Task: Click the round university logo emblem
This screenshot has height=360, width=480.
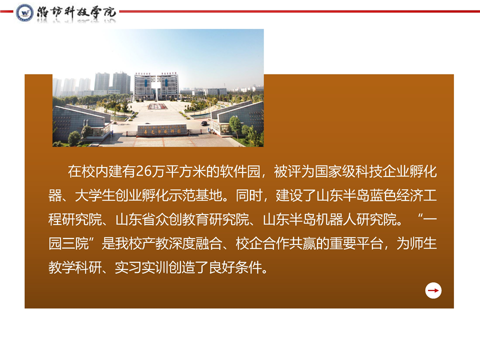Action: (x=24, y=12)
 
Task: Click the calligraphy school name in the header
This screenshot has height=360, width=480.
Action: (x=76, y=12)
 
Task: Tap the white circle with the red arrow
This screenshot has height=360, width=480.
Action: (x=433, y=290)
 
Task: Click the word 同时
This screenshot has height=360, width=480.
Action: (x=249, y=195)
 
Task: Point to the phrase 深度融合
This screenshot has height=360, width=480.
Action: (x=195, y=243)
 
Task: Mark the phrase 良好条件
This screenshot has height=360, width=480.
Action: (x=235, y=267)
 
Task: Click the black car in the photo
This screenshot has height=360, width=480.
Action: (x=204, y=123)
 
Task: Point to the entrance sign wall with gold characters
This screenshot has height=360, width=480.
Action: (x=162, y=130)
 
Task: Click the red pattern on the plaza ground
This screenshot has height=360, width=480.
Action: (x=157, y=106)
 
